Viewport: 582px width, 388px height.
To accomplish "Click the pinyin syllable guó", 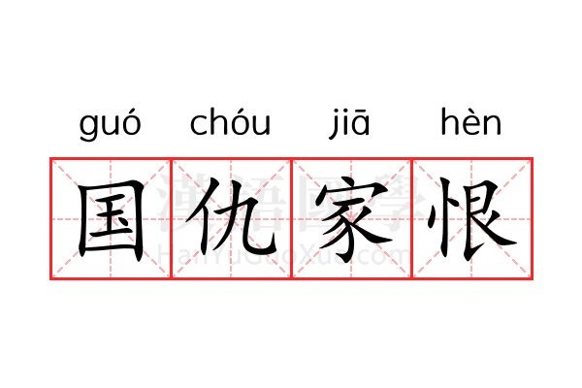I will pos(110,125).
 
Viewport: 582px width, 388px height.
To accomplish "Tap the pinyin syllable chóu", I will pos(230,123).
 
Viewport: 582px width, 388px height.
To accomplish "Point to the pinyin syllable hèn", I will pos(470,123).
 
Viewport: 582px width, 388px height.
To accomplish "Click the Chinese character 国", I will pos(112,218).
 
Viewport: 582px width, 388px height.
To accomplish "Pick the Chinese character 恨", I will pos(470,218).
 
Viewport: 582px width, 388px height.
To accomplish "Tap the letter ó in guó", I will pos(130,123).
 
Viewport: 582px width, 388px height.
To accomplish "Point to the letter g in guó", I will pos(88,128).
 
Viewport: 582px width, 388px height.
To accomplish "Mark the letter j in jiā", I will pos(335,125).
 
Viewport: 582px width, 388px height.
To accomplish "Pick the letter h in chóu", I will pos(216,123).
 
